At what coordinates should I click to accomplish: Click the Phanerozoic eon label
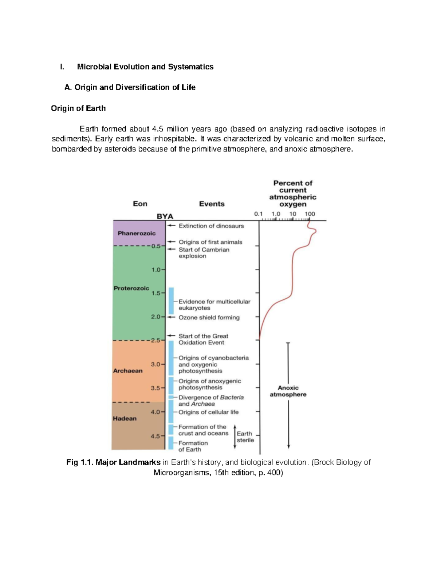point(137,233)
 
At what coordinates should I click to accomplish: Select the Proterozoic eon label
point(131,288)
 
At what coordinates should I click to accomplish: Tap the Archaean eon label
point(127,371)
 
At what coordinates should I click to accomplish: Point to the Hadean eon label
point(125,418)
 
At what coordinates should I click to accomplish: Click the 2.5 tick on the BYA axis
point(156,341)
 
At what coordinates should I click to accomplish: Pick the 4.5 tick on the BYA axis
point(155,436)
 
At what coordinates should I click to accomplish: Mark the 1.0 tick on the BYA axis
point(156,270)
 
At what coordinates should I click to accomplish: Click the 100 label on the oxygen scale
point(310,214)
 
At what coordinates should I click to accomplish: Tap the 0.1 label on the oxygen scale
point(258,214)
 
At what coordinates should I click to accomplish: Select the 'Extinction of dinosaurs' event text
point(211,226)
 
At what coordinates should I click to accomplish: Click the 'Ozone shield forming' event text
point(209,318)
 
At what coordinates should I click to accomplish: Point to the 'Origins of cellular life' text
point(208,412)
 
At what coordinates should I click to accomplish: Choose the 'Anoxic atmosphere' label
point(288,391)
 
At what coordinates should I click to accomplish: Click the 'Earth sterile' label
point(245,437)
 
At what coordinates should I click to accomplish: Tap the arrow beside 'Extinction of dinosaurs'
point(171,226)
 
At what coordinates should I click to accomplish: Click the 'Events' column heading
point(212,204)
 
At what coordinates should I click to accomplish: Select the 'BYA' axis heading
point(165,216)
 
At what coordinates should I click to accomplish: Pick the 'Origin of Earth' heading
point(78,108)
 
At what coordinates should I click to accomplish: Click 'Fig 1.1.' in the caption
point(80,462)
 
